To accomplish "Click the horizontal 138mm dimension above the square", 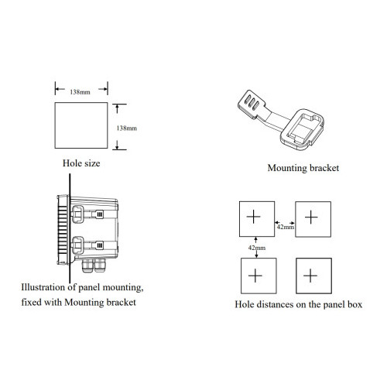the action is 80,92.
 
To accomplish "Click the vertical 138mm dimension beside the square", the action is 127,128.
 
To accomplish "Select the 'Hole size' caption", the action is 81,163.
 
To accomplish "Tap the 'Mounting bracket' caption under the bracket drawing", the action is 303,168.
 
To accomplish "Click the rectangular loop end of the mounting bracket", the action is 303,129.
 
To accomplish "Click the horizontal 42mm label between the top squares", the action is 286,227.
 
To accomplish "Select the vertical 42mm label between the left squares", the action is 257,248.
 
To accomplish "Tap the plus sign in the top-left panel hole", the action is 254,217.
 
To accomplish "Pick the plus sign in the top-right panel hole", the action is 311,217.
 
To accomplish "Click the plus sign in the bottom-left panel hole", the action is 255,276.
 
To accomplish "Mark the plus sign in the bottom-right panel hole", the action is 310,276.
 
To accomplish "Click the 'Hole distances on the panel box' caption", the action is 299,304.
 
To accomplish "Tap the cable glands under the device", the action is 93,265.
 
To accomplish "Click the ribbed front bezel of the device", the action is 63,230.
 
